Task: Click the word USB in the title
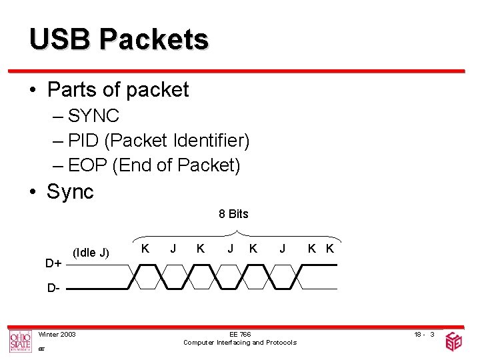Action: tap(59, 40)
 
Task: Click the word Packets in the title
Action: tap(153, 40)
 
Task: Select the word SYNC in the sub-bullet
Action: tap(93, 116)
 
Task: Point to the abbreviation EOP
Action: tap(88, 164)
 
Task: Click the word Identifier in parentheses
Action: tap(210, 141)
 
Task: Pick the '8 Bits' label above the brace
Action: tap(233, 214)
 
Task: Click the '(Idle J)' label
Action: tap(91, 252)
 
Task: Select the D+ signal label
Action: tap(54, 263)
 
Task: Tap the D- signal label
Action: tap(53, 289)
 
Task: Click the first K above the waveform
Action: tap(145, 249)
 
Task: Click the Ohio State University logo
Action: tap(20, 341)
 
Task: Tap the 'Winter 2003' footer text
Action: tap(57, 334)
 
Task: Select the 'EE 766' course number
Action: tap(240, 334)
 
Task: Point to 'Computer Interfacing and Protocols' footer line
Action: tap(240, 343)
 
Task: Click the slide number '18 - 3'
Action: tap(423, 334)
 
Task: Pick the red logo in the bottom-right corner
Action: tap(453, 341)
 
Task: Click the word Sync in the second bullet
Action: tap(70, 192)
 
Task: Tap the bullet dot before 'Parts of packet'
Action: tap(33, 90)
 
